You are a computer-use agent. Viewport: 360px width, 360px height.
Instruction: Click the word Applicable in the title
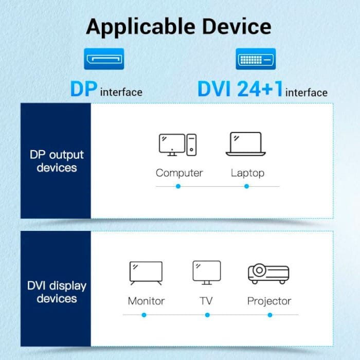pyautogui.click(x=140, y=27)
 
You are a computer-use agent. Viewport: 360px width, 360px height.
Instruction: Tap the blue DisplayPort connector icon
pyautogui.click(x=104, y=59)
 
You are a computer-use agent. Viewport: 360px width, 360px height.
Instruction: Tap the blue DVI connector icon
pyautogui.click(x=256, y=59)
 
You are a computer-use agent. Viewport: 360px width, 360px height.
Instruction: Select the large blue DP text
pyautogui.click(x=84, y=88)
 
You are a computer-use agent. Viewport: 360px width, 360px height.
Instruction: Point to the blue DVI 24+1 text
pyautogui.click(x=240, y=88)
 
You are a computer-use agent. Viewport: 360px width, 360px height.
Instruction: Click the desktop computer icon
pyautogui.click(x=178, y=145)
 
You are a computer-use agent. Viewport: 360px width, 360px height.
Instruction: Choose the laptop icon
pyautogui.click(x=246, y=144)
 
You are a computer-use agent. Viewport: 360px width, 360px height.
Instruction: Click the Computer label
pyautogui.click(x=179, y=173)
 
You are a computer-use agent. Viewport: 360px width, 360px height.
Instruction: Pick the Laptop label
pyautogui.click(x=247, y=173)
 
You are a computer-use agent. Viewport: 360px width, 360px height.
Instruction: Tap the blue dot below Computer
pyautogui.click(x=178, y=186)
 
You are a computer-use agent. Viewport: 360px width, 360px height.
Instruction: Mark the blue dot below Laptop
pyautogui.click(x=246, y=186)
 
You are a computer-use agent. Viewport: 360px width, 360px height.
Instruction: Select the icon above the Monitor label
pyautogui.click(x=146, y=273)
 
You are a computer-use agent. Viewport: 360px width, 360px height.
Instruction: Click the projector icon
pyautogui.click(x=268, y=274)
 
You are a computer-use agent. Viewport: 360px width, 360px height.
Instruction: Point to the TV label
pyautogui.click(x=206, y=301)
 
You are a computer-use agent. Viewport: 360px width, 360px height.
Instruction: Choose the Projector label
pyautogui.click(x=269, y=301)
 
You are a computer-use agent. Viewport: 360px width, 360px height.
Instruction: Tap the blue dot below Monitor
pyautogui.click(x=144, y=315)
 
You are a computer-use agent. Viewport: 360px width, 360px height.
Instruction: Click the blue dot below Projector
pyautogui.click(x=270, y=315)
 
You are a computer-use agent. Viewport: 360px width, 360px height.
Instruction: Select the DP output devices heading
pyautogui.click(x=57, y=161)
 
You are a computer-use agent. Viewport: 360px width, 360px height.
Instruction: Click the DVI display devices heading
pyautogui.click(x=57, y=292)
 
